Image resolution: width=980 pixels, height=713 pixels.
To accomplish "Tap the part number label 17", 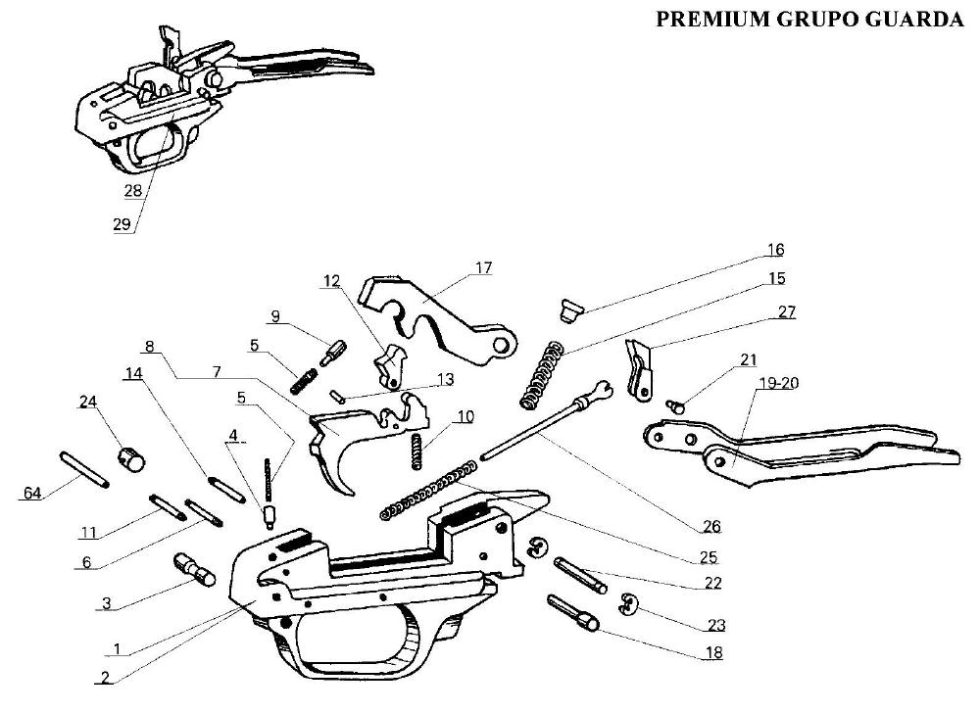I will click(483, 267).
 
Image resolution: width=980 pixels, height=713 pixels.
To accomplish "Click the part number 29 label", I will click(122, 223).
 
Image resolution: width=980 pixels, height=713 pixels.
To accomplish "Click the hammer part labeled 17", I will click(431, 314).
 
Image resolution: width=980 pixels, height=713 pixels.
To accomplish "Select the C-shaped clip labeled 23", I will click(632, 607).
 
